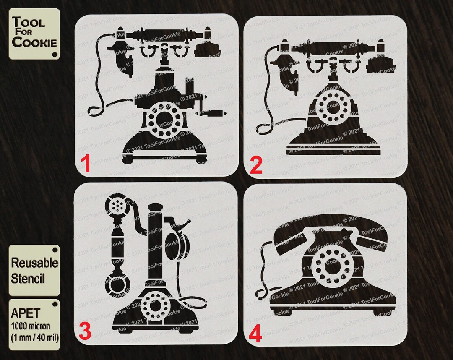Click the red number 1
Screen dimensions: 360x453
coord(86,164)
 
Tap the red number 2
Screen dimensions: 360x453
coord(256,166)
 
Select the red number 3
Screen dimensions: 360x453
coord(85,333)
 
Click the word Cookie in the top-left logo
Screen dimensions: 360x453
coord(34,42)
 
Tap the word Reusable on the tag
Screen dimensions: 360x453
coord(34,263)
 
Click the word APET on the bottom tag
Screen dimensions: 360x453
coord(26,313)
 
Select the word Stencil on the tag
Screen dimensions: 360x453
coord(28,278)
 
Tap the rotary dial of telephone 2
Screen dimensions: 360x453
coord(332,107)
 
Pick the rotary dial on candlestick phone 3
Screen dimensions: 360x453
coord(155,305)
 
